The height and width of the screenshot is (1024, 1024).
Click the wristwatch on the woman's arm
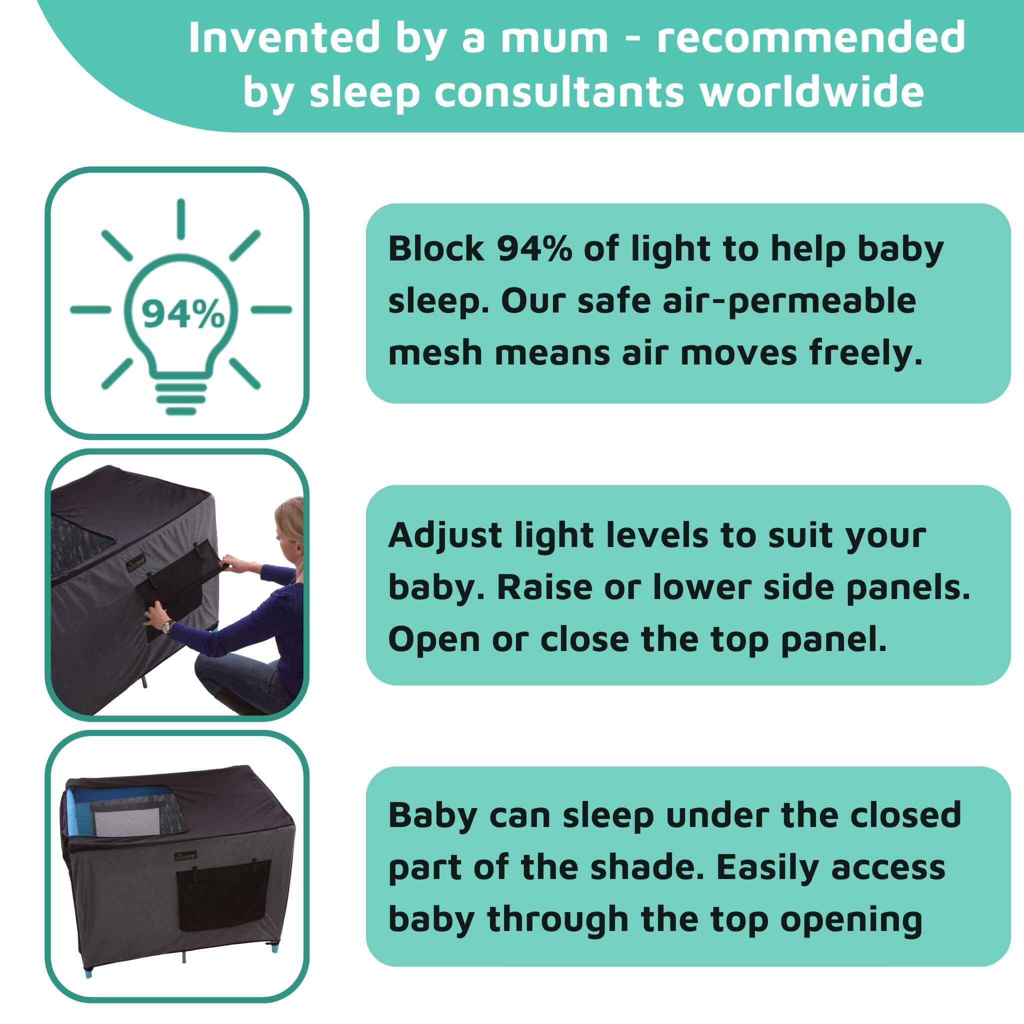pos(167,627)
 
